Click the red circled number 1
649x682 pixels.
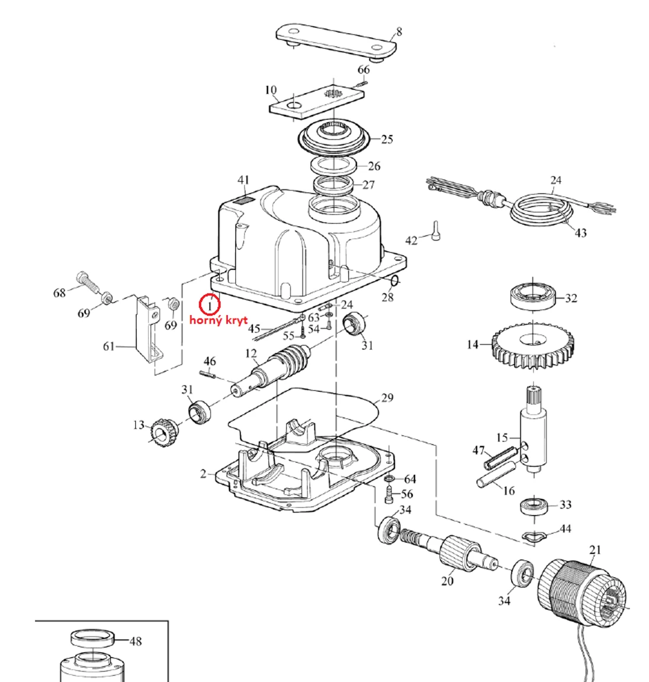(x=210, y=304)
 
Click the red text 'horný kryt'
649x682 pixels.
(x=219, y=320)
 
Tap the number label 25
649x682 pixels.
(x=387, y=140)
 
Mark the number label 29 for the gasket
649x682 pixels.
(x=387, y=398)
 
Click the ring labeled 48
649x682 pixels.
(x=92, y=639)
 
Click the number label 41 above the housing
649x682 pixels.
(x=244, y=180)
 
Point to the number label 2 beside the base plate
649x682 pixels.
(x=203, y=474)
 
